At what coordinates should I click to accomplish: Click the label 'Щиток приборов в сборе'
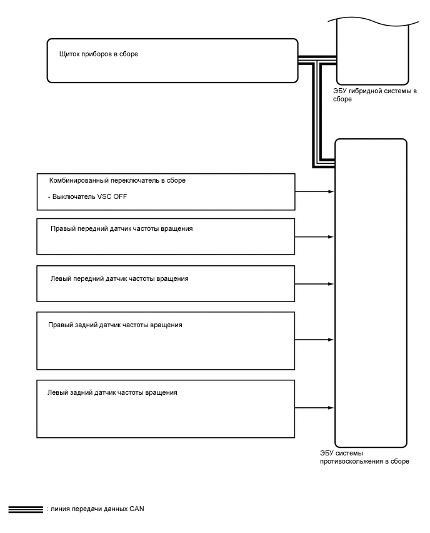(98, 54)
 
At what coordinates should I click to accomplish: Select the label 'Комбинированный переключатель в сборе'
(117, 180)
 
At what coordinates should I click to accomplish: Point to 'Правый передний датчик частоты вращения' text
(121, 229)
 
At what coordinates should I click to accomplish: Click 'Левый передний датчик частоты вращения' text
(119, 278)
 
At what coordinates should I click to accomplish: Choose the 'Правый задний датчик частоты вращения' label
(115, 325)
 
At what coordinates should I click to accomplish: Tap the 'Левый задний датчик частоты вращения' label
(112, 393)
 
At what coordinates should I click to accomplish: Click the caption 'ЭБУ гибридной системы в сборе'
(375, 95)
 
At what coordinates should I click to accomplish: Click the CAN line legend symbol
(25, 509)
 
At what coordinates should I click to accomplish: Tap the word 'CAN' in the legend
(137, 509)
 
